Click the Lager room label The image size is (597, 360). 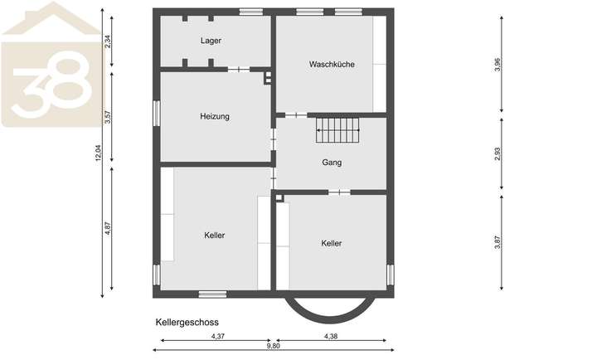(211, 40)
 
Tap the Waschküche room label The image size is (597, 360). (332, 64)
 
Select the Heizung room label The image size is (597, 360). (215, 117)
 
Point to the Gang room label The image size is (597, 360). (332, 163)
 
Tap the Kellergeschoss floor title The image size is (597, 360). (187, 321)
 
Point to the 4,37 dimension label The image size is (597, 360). (218, 336)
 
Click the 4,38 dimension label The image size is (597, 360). (331, 336)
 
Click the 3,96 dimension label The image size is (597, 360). (498, 65)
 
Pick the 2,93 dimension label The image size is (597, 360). (498, 155)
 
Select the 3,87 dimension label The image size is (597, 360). (498, 242)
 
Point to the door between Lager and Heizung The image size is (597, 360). (239, 70)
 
